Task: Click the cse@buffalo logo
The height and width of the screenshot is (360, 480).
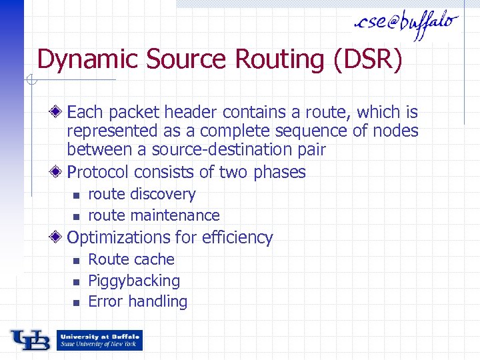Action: [406, 24]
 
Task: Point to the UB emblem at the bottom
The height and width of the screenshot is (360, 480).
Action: [29, 340]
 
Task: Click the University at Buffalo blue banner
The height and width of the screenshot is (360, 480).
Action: [99, 340]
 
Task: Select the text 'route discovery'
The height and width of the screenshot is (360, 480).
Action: [142, 195]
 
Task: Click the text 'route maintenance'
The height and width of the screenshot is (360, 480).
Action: [154, 215]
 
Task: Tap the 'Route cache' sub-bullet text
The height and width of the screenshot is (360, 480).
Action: [131, 259]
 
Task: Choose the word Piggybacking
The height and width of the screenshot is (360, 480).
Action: [134, 281]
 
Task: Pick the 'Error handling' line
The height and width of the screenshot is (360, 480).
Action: [138, 301]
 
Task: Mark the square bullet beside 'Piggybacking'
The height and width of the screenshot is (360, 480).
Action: [76, 281]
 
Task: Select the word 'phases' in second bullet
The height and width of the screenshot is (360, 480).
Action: [279, 172]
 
